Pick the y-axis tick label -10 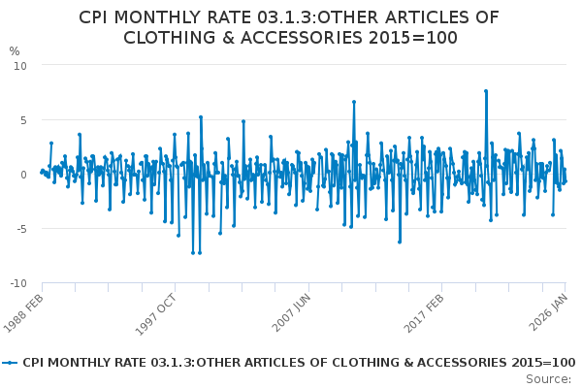19,284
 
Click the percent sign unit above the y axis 14,51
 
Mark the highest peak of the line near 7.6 485,91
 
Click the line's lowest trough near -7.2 192,253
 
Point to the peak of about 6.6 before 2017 354,102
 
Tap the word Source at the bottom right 549,378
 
